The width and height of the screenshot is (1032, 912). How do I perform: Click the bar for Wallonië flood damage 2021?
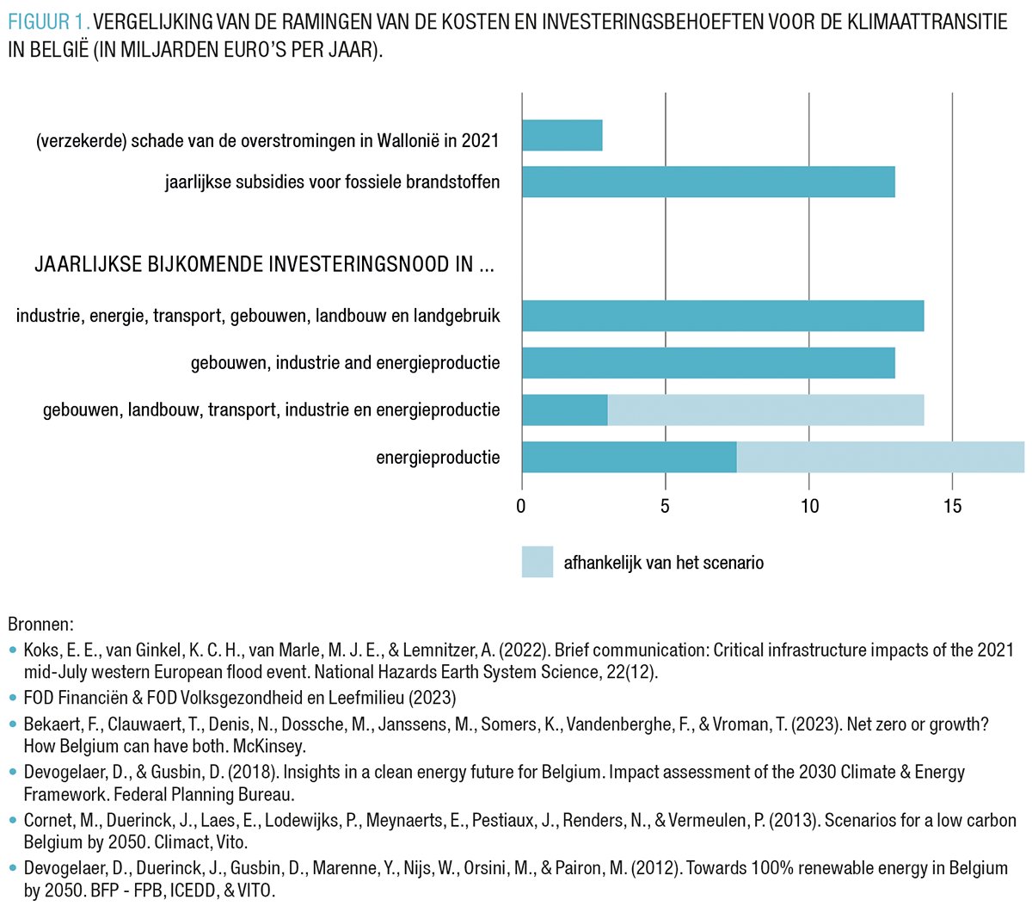pos(562,136)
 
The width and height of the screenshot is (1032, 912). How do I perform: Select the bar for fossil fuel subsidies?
pos(708,182)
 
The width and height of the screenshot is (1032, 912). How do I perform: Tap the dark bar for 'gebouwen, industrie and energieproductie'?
pos(708,363)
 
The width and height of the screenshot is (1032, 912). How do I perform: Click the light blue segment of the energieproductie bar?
pos(880,457)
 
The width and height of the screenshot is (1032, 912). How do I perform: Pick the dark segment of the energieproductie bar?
pos(629,457)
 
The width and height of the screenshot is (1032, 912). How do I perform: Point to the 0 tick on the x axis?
pos(521,506)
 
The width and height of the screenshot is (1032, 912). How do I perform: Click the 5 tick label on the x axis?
pos(665,506)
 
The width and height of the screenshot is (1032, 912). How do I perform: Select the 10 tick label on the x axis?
pos(809,506)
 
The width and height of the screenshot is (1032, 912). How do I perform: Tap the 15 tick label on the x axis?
pos(952,506)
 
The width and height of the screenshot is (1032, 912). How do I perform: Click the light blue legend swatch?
pos(537,562)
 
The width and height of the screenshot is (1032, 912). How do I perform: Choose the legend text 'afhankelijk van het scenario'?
pos(663,563)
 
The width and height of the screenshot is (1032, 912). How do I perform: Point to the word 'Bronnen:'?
pos(40,624)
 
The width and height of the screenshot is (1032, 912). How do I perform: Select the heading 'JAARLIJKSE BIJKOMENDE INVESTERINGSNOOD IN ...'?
pos(264,264)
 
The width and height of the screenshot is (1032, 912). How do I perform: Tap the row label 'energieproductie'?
pos(438,457)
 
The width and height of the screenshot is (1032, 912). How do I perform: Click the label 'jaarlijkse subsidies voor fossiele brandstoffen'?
pos(332,182)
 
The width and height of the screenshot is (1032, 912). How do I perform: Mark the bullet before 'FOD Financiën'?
pos(12,698)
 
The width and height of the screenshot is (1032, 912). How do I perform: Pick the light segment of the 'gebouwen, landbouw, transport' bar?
pos(765,410)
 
